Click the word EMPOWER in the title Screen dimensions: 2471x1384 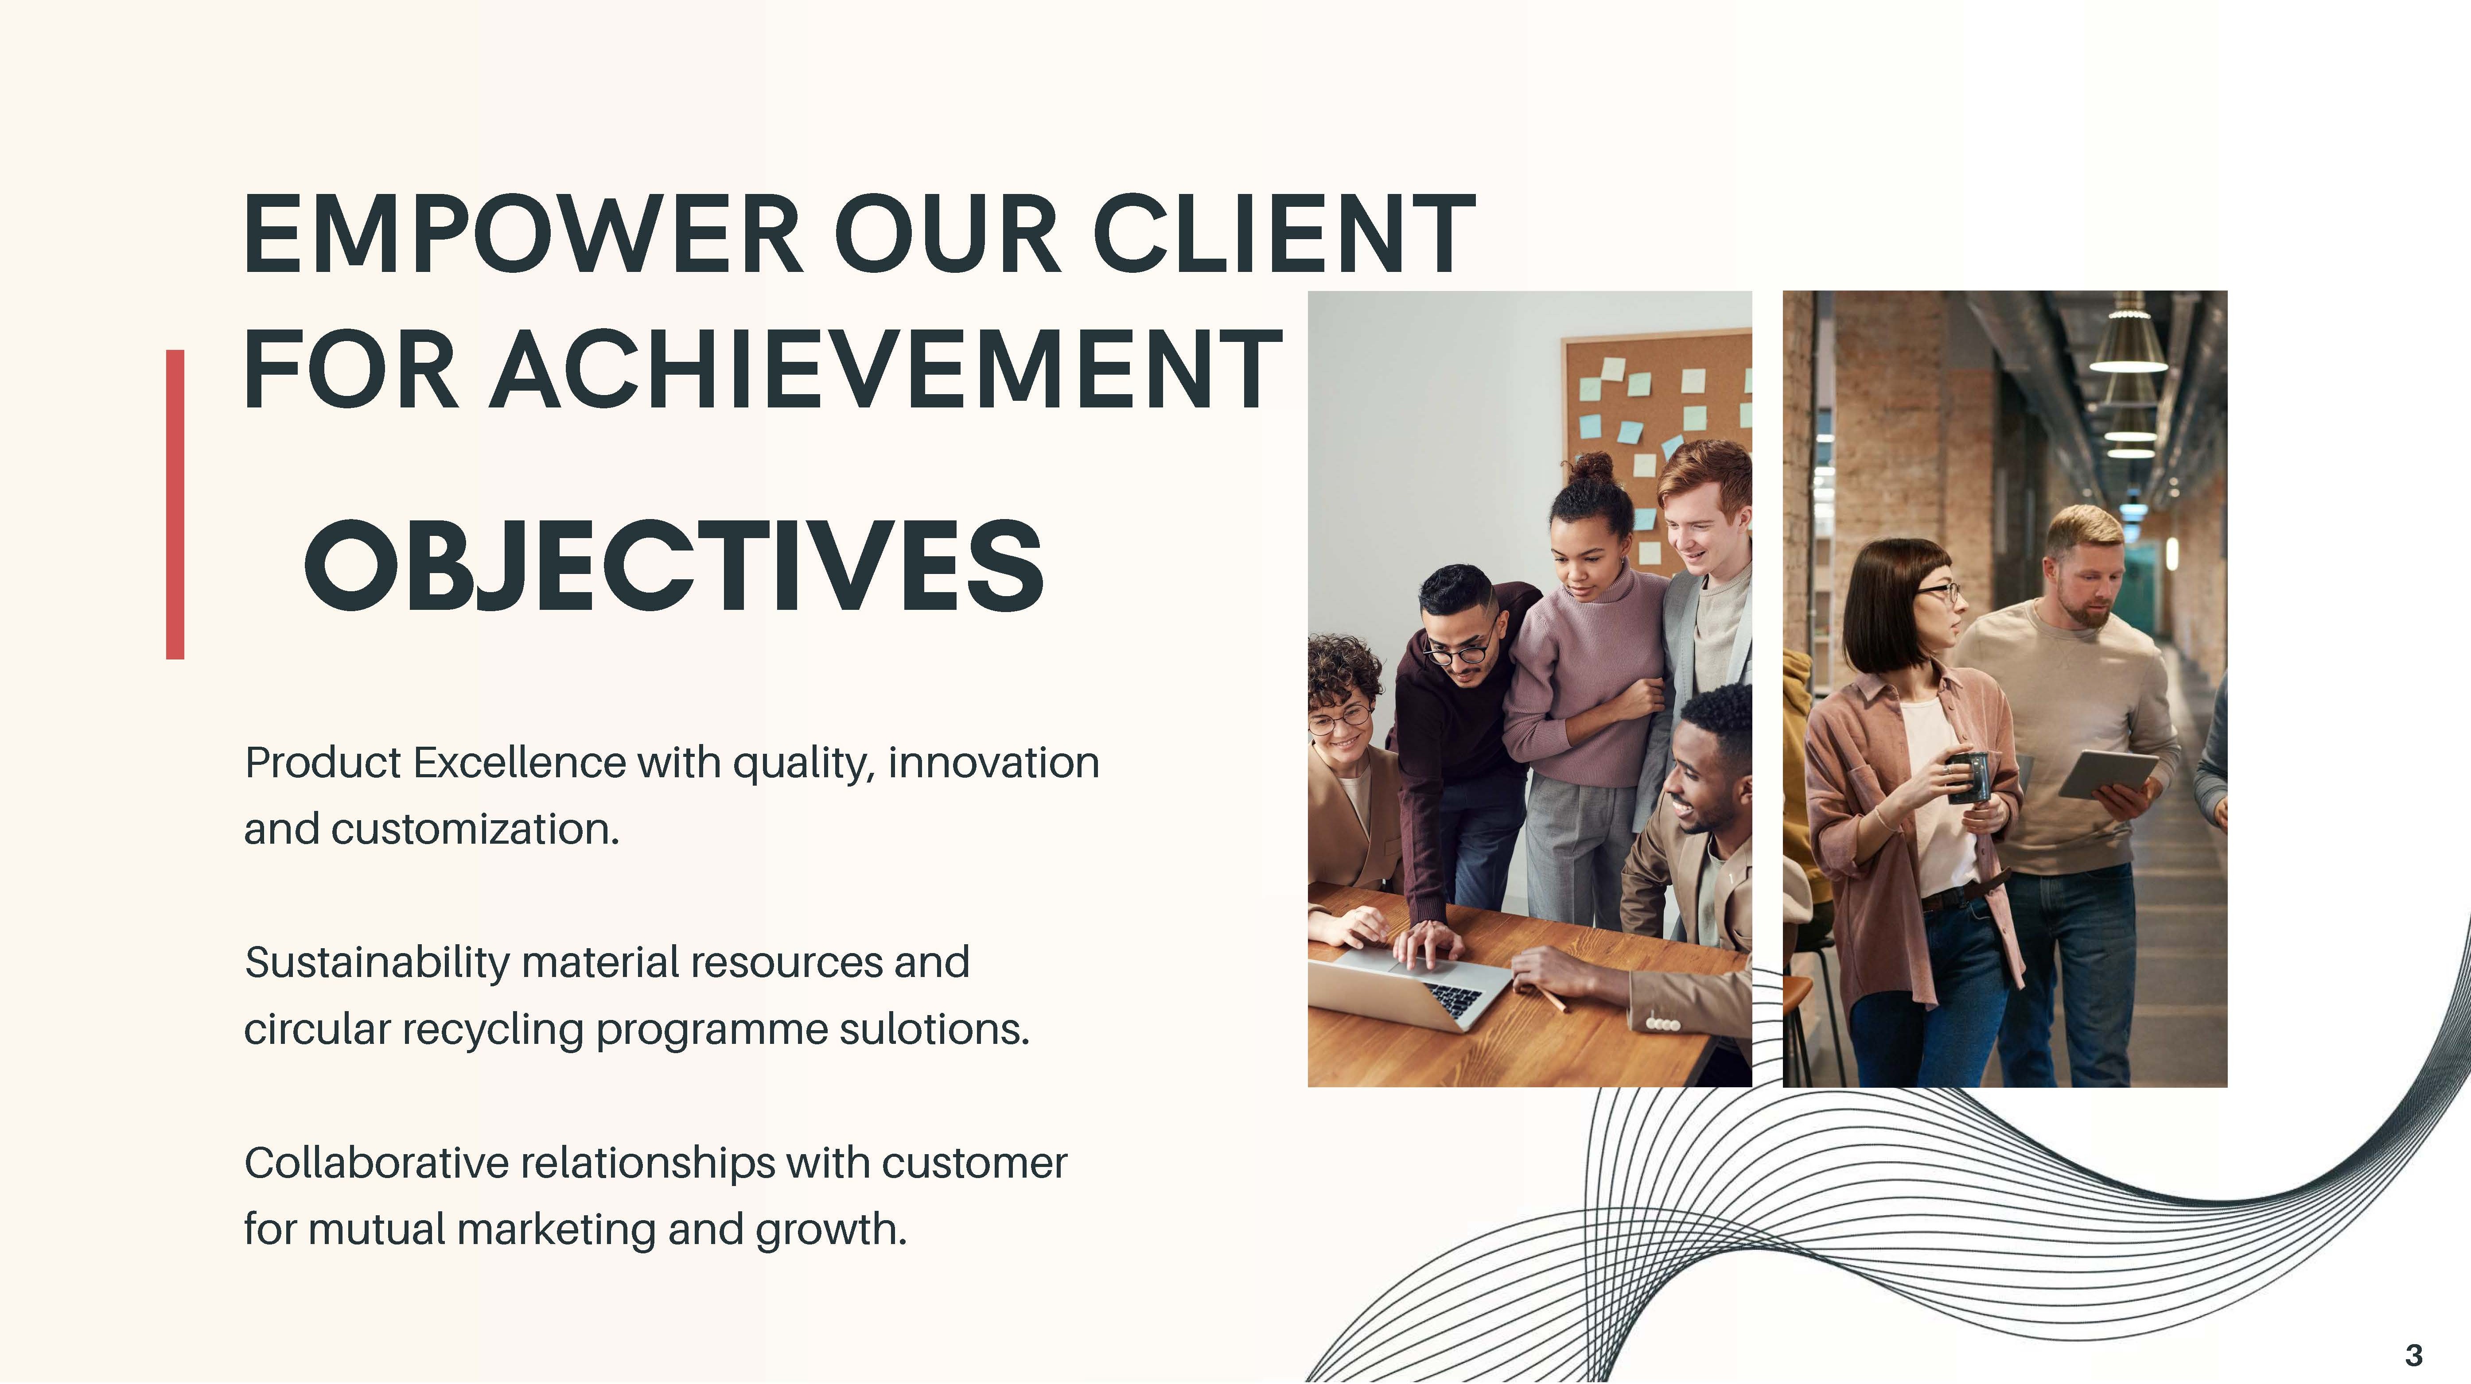[523, 234]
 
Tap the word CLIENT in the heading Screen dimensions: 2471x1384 [1284, 234]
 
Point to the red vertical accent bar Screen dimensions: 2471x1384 [175, 504]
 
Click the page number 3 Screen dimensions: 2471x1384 [2413, 1355]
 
